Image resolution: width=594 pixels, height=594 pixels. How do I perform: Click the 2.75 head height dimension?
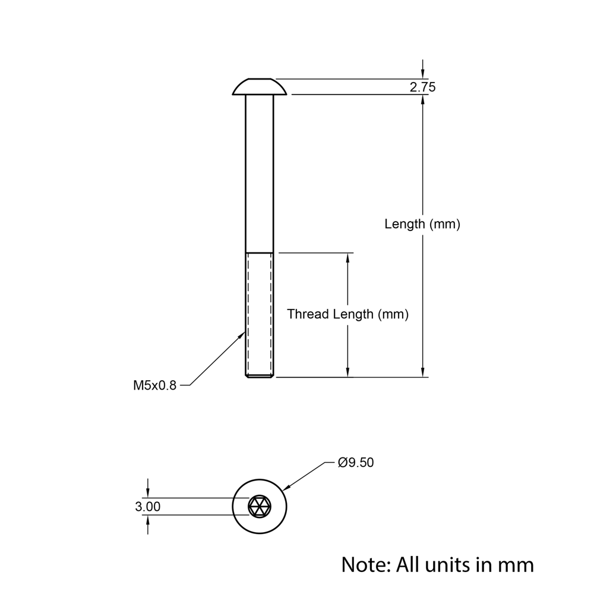pos(422,87)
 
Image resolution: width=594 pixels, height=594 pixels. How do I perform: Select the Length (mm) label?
pos(422,225)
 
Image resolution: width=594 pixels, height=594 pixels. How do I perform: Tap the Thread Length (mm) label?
pos(347,314)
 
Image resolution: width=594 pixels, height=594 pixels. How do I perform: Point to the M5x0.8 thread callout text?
pos(154,386)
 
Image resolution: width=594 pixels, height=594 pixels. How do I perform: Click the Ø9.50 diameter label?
pos(355,463)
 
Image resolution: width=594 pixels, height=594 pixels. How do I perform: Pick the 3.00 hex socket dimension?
pos(147,507)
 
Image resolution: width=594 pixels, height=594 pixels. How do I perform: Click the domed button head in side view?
pos(260,87)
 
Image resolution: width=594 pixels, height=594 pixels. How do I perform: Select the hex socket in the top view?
pos(260,507)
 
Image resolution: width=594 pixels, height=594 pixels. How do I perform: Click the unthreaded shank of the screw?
pos(260,172)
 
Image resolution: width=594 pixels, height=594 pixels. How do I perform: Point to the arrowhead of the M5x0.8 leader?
pos(242,335)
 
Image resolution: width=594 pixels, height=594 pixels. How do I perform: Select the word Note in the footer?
pos(364,564)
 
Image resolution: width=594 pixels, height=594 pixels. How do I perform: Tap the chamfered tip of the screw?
pos(260,375)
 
